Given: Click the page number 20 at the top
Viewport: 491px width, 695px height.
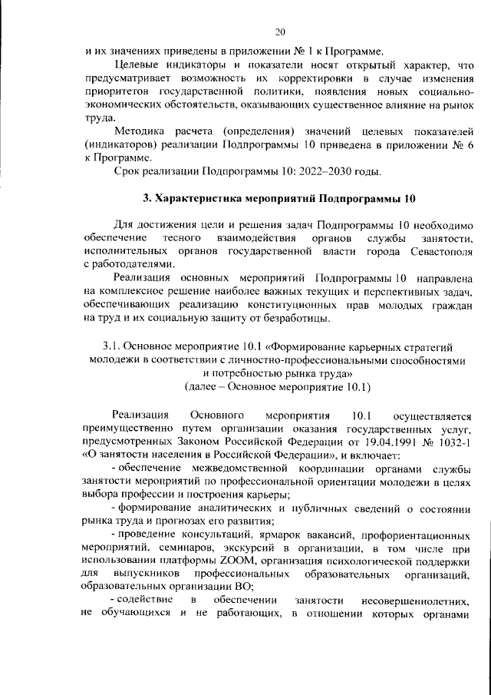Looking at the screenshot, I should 280,31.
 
